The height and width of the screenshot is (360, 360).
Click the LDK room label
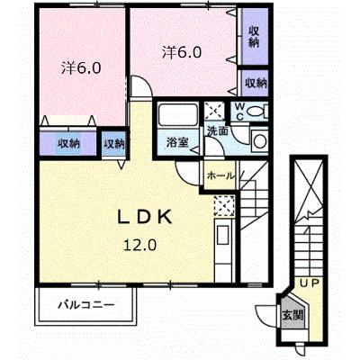[145, 217]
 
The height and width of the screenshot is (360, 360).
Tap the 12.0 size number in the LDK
[140, 246]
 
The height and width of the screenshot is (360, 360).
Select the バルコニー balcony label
[86, 305]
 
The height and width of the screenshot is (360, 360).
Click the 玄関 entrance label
[292, 315]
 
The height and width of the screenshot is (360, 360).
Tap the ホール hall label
[220, 175]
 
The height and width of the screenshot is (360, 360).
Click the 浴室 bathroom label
[177, 143]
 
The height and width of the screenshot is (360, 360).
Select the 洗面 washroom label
[218, 131]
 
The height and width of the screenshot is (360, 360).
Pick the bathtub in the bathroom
[177, 115]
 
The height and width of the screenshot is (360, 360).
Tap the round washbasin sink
[258, 140]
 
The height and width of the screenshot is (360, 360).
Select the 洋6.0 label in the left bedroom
[81, 68]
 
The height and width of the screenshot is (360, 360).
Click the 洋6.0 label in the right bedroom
[182, 52]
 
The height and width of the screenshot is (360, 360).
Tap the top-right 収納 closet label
[254, 37]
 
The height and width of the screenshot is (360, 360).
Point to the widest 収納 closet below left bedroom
[69, 144]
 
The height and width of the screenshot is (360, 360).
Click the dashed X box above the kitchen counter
[224, 206]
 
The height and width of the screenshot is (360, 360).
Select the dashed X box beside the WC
[214, 111]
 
